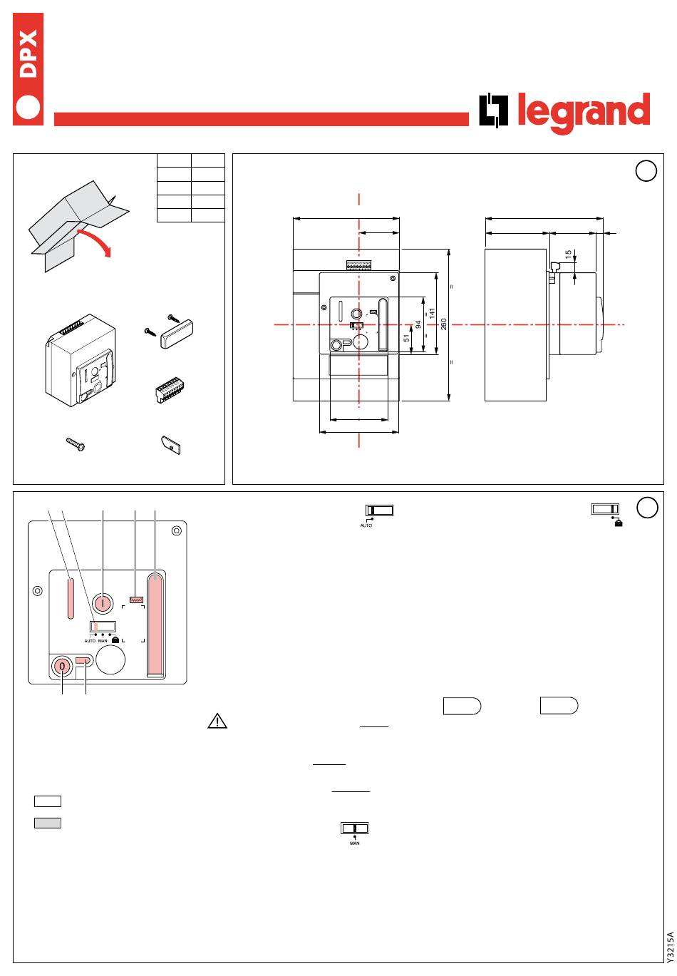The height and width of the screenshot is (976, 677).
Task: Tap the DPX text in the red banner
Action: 29,54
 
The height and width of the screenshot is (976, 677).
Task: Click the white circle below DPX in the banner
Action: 28,107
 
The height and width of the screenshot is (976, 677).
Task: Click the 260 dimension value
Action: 443,324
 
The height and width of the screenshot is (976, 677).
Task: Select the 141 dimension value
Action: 432,314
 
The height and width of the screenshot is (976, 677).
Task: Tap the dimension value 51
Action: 406,338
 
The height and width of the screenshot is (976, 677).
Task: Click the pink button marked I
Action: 103,603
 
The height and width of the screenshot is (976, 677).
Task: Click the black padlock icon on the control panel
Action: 115,640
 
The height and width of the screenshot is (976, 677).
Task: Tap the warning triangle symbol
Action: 217,721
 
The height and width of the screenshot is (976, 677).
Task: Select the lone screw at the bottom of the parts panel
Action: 76,444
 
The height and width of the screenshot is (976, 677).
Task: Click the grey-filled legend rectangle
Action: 48,823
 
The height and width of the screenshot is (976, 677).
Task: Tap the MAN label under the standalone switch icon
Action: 355,843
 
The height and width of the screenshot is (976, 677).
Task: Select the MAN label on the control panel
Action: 103,641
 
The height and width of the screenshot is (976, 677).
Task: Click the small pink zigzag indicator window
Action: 136,600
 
